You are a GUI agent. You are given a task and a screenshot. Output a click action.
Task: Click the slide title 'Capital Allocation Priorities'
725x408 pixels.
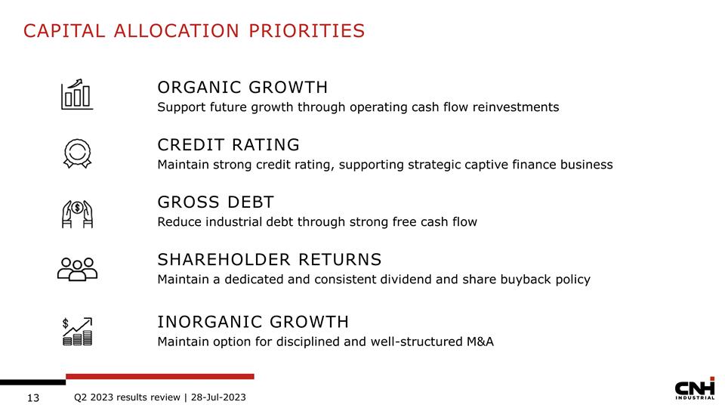194,30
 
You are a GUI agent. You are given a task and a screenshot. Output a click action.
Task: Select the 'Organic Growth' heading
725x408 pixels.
242,87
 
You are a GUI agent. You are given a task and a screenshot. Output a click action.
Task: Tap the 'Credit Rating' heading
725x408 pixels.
228,144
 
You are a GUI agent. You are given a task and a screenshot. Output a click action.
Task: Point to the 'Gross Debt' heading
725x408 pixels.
215,202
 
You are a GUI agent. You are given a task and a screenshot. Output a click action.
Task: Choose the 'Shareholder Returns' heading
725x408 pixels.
269,260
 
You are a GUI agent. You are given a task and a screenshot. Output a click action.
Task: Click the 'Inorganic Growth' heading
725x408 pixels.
252,322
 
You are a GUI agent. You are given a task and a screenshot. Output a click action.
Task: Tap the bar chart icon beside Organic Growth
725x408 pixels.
76,94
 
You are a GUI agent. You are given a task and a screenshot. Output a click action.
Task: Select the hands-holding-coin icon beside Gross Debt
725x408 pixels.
76,213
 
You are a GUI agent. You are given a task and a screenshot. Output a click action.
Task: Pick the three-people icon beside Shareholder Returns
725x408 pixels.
77,268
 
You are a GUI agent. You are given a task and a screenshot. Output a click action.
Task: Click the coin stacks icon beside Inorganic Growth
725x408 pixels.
77,331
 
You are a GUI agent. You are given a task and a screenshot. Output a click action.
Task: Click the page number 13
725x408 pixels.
32,398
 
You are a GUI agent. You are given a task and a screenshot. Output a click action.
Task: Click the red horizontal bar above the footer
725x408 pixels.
159,376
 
